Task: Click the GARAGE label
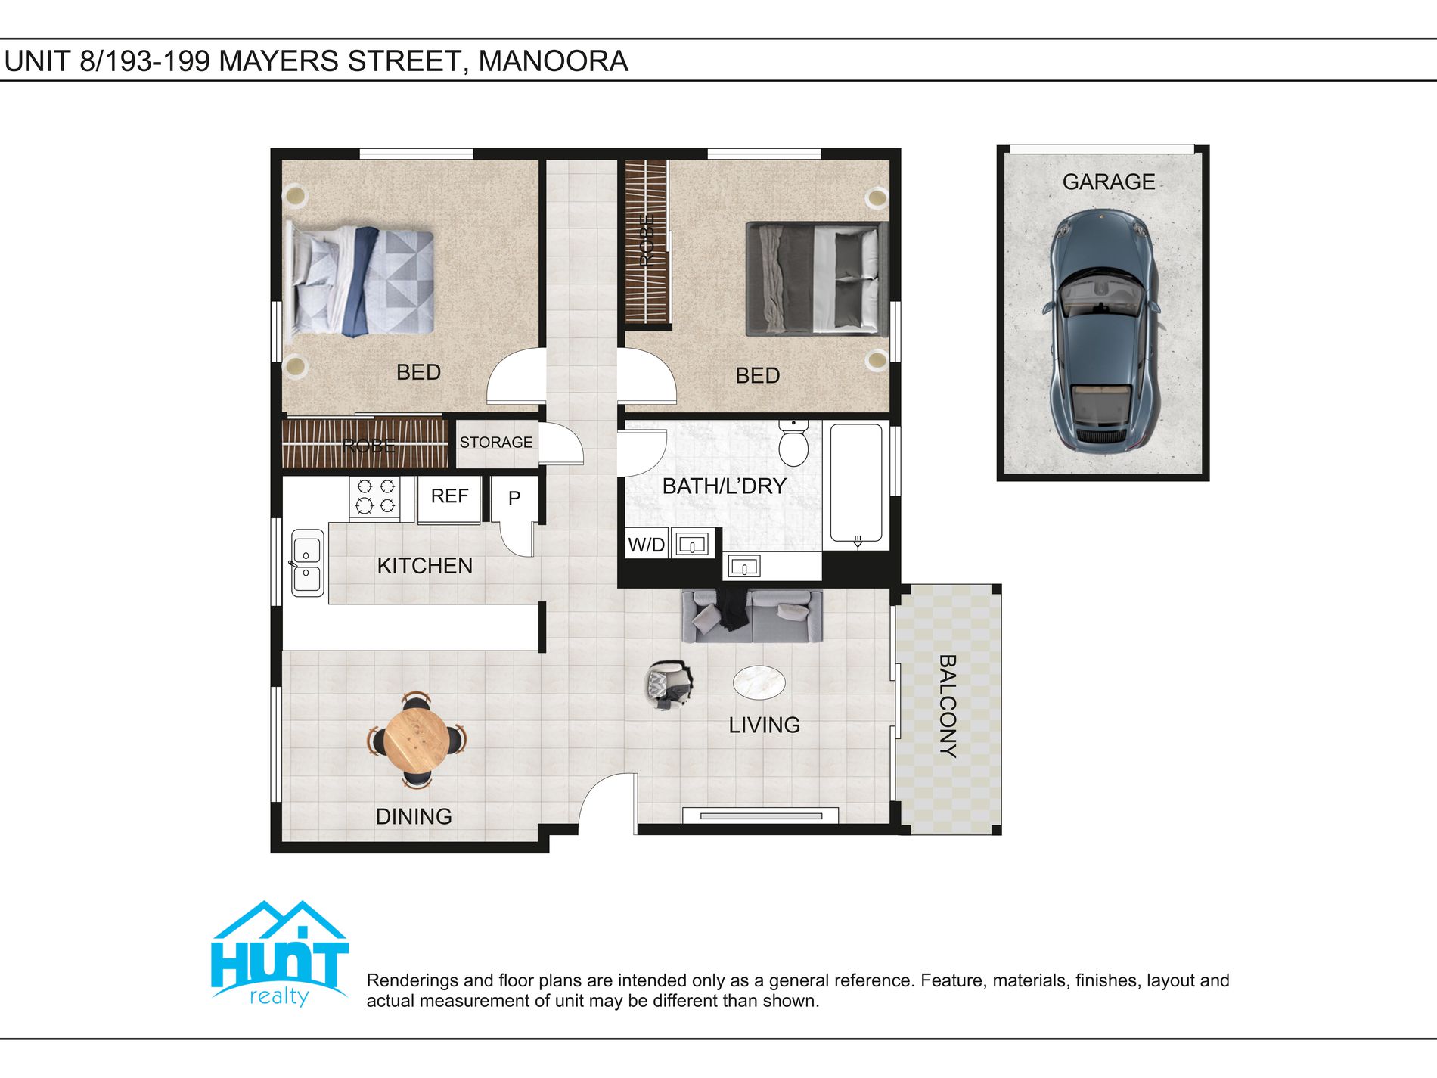(1108, 182)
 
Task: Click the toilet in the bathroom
(793, 444)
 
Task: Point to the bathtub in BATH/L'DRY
(856, 484)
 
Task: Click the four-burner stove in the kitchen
(375, 497)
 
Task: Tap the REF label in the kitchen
(449, 496)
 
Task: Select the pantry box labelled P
(514, 498)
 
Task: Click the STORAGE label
(496, 443)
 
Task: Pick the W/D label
(646, 545)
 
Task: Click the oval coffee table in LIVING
(759, 682)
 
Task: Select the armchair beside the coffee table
(669, 685)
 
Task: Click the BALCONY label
(948, 707)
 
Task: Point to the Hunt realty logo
(279, 955)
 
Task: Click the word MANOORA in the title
(553, 61)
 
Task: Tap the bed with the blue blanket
(362, 281)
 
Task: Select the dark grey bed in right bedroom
(816, 279)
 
